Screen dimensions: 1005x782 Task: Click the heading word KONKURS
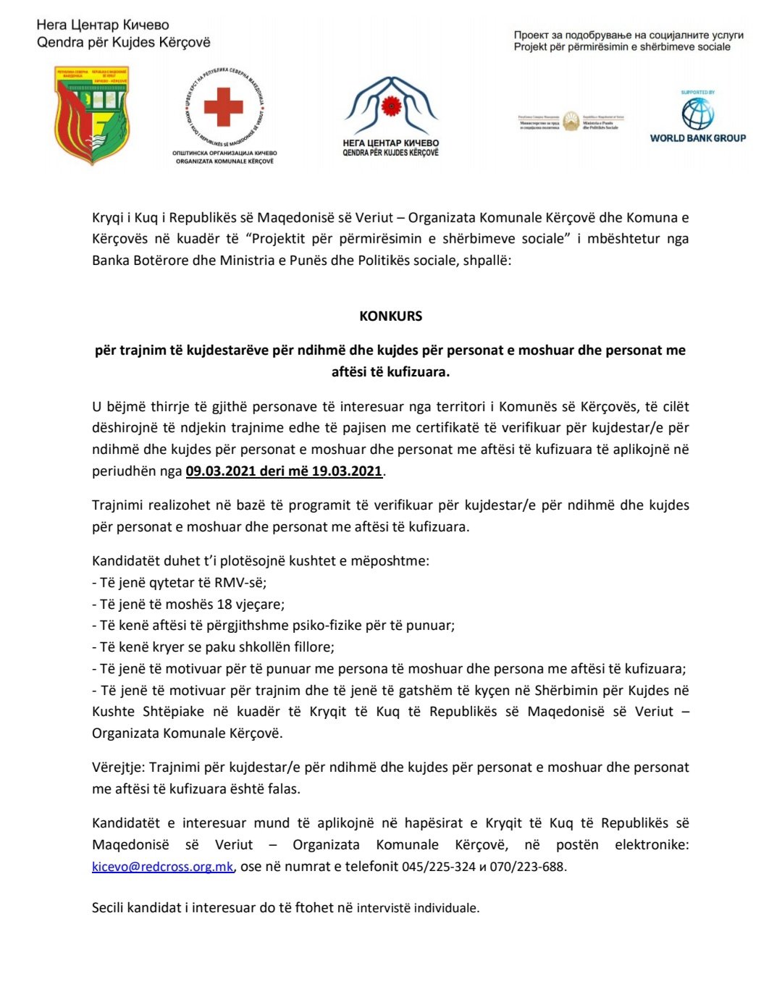pyautogui.click(x=390, y=316)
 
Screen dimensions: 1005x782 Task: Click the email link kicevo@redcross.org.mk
pyautogui.click(x=162, y=867)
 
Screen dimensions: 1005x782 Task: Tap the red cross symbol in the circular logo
pyautogui.click(x=223, y=107)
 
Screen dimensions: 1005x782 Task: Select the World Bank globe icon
pyautogui.click(x=697, y=114)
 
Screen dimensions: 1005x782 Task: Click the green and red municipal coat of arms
pyautogui.click(x=92, y=115)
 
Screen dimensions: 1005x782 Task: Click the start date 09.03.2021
pyautogui.click(x=220, y=471)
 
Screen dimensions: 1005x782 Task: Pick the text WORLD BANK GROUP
pyautogui.click(x=697, y=138)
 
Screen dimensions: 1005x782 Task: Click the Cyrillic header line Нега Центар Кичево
pyautogui.click(x=103, y=25)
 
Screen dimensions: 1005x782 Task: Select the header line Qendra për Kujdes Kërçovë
pyautogui.click(x=124, y=43)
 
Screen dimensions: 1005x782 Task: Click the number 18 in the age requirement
pyautogui.click(x=224, y=605)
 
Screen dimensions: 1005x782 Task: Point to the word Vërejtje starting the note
pyautogui.click(x=118, y=768)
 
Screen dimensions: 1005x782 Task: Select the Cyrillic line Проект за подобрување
pyautogui.click(x=628, y=35)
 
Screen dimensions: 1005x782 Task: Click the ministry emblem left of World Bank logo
pyautogui.click(x=571, y=121)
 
